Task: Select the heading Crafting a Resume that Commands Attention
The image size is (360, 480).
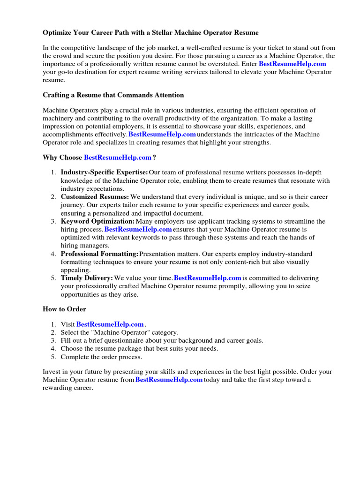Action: click(x=113, y=95)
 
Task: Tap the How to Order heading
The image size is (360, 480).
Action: click(x=64, y=309)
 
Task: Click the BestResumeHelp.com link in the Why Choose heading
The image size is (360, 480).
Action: click(x=118, y=157)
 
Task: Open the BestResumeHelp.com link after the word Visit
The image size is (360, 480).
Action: click(x=110, y=324)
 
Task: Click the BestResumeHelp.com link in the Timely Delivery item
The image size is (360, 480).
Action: click(x=208, y=278)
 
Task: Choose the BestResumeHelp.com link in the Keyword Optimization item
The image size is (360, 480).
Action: click(x=138, y=229)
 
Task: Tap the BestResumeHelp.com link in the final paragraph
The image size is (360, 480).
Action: click(x=169, y=380)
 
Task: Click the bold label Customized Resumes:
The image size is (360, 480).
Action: click(x=95, y=197)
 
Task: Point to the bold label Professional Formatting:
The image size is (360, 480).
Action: click(x=99, y=254)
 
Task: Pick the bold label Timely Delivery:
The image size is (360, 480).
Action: click(x=87, y=278)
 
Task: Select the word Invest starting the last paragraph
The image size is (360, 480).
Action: click(x=52, y=372)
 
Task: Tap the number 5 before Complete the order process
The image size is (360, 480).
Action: click(x=53, y=357)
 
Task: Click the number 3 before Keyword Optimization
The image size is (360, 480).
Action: click(x=53, y=221)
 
